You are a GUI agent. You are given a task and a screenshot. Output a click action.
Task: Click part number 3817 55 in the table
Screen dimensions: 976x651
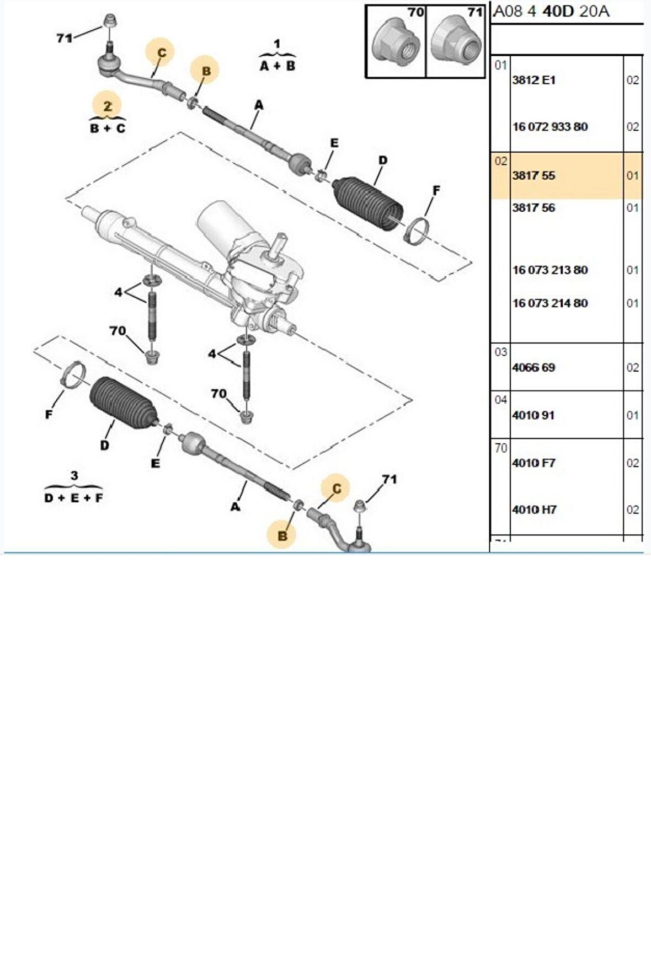533,176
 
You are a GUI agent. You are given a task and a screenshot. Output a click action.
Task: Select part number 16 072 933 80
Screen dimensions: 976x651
550,127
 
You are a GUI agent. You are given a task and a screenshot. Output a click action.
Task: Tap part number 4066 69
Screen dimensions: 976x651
533,368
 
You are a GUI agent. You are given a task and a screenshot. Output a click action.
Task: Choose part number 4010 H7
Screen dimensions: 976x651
534,510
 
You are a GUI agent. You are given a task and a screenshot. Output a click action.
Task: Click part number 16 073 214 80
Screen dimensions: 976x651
550,303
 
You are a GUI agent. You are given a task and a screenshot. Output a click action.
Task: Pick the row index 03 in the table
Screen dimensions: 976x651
500,352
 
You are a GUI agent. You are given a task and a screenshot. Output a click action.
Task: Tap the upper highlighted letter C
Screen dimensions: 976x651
162,53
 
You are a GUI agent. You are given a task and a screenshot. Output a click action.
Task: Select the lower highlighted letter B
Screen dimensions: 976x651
282,535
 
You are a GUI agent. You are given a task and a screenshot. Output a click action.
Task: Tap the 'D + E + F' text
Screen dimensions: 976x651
73,498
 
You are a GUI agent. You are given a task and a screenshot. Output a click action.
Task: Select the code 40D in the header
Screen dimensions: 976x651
558,12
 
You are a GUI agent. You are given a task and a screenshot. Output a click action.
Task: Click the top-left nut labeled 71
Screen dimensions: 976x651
110,22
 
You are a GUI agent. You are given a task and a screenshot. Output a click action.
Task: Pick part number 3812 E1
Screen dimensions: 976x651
533,81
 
